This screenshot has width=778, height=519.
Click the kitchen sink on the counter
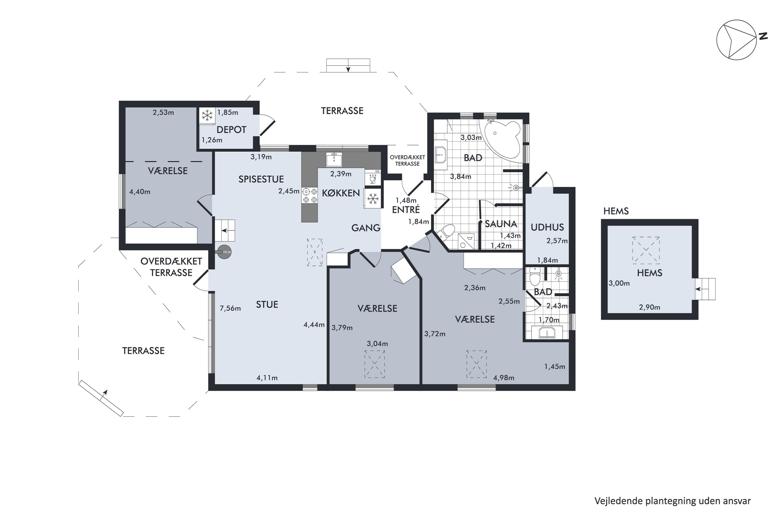pyautogui.click(x=334, y=160)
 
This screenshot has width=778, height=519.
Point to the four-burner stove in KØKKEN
pyautogui.click(x=310, y=195)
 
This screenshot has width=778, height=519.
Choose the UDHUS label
pyautogui.click(x=547, y=227)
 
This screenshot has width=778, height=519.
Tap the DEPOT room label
pyautogui.click(x=231, y=130)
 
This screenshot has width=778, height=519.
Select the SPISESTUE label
pyautogui.click(x=261, y=179)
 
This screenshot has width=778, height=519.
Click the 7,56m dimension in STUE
pyautogui.click(x=230, y=309)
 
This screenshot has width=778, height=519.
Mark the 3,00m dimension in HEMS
pyautogui.click(x=619, y=283)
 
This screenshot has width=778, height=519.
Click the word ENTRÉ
pyautogui.click(x=406, y=209)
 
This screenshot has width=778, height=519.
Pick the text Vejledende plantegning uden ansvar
pyautogui.click(x=673, y=501)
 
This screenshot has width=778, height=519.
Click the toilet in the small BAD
pyautogui.click(x=534, y=276)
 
